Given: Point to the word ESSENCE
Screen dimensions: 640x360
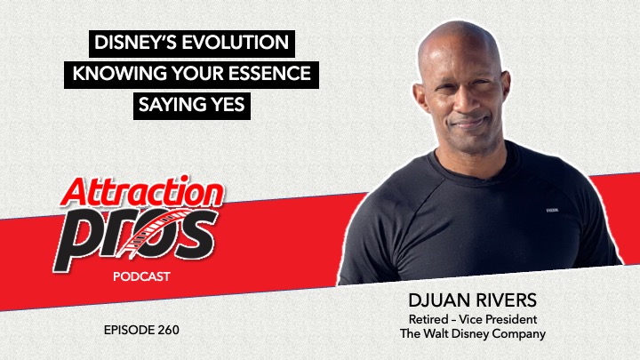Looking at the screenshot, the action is point(269,74).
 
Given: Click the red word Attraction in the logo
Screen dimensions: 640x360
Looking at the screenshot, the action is point(142,193).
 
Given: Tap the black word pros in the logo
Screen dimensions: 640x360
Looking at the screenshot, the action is point(135,239).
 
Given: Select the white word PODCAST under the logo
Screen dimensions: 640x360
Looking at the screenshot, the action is point(141,276).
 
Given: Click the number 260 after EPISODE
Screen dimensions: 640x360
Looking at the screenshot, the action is point(167,330).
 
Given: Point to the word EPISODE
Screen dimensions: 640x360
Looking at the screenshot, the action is point(128,330).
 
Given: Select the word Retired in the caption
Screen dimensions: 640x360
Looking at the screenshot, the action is point(428,319).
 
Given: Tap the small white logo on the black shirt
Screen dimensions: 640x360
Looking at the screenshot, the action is point(552,211).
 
